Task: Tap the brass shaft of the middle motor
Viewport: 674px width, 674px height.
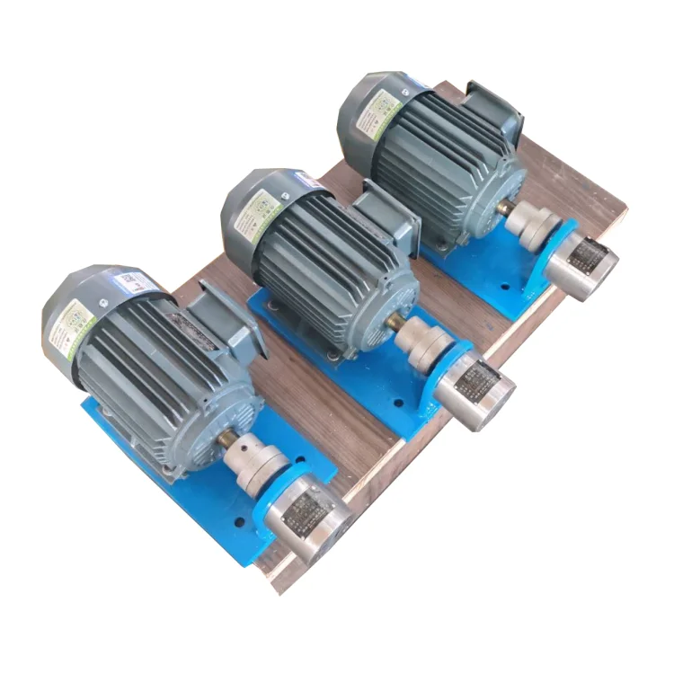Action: point(393,324)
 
